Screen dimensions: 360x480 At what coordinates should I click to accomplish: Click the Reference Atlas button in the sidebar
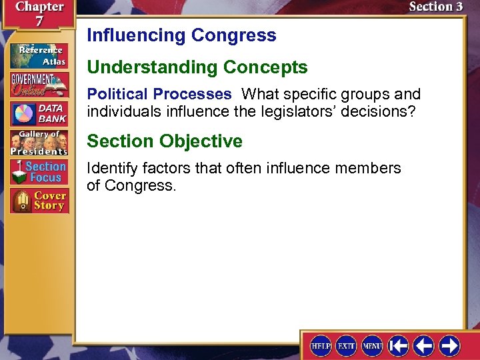click(x=39, y=55)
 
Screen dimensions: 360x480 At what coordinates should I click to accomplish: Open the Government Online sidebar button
click(x=39, y=84)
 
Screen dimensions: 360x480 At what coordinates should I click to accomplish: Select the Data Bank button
click(x=39, y=113)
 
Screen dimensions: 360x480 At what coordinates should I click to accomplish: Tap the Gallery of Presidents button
click(x=39, y=143)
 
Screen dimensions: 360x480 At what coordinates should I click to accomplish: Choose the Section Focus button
click(x=39, y=172)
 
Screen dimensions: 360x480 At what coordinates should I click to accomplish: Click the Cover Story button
click(x=39, y=201)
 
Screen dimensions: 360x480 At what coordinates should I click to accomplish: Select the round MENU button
click(x=372, y=345)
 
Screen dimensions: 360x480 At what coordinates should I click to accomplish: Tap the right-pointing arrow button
click(x=449, y=345)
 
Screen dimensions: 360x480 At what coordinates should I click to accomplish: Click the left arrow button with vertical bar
click(x=398, y=345)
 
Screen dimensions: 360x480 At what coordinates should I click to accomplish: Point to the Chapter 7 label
click(x=39, y=13)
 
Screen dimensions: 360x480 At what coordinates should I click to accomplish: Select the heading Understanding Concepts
click(x=197, y=67)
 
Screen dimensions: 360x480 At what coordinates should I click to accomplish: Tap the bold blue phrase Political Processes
click(x=159, y=94)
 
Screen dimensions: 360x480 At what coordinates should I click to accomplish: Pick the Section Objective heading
click(x=165, y=141)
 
